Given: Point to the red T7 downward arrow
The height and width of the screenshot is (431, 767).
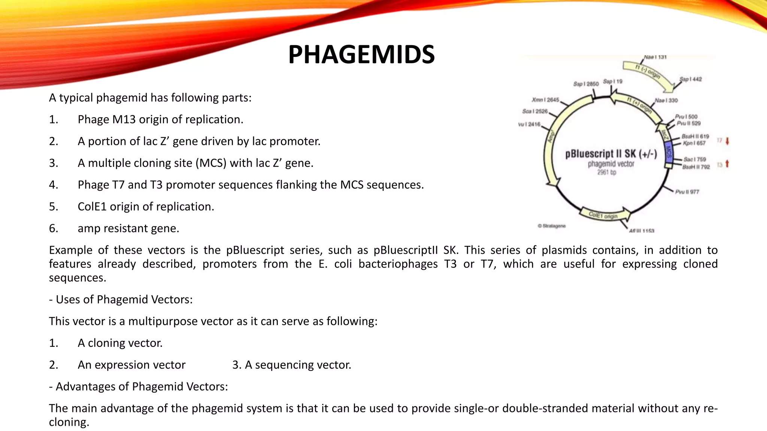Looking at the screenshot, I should point(727,141).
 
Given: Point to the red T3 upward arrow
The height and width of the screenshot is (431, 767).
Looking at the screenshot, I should point(727,164).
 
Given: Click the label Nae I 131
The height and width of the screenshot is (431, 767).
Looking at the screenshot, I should point(655,57).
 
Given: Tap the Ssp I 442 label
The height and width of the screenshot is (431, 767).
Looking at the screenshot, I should point(691,79).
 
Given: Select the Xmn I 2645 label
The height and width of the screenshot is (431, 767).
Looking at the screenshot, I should point(545,100).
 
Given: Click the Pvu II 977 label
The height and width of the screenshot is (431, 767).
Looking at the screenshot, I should point(687,192).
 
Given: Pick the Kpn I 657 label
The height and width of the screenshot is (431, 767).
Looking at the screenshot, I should point(694,143).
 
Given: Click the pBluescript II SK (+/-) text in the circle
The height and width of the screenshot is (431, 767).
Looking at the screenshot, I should point(611,154).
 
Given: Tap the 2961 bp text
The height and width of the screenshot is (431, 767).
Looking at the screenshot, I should point(606,172).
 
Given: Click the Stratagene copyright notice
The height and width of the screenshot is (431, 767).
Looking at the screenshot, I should point(552,226).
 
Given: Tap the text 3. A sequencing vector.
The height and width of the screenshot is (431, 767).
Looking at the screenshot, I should point(292,365).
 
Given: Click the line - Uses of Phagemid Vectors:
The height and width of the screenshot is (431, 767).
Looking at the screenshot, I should point(121,299).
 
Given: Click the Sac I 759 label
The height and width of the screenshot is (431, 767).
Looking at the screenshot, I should point(694,159).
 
